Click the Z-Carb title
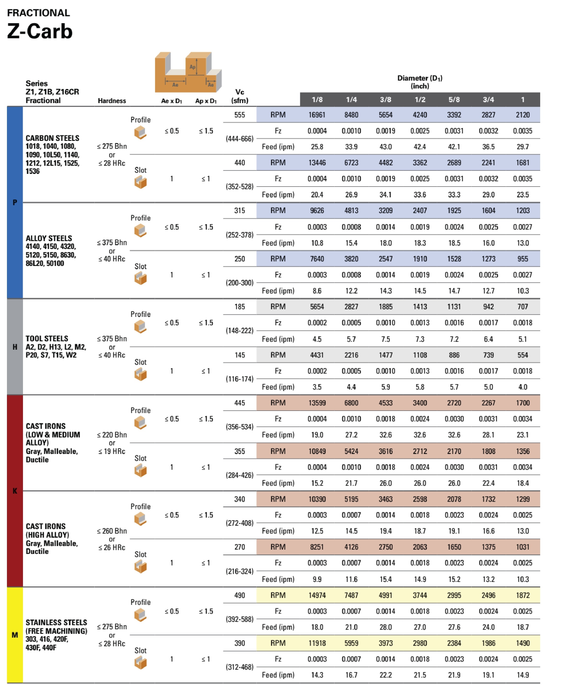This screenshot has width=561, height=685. pos(40,31)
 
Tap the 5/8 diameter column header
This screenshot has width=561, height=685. pos(454,99)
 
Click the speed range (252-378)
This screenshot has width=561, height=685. pos(240,235)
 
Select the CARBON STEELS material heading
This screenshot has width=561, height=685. pos(52,138)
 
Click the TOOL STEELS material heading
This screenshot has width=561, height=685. pos(47,338)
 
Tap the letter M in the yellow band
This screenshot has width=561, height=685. pos(15,635)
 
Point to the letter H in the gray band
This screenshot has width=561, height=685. pos(15,347)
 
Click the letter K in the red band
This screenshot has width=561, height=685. pos(15,491)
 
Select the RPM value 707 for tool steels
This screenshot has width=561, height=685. pos(522,306)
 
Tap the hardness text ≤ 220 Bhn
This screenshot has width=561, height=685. pos(112,435)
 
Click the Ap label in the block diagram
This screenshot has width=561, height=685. pos(192,67)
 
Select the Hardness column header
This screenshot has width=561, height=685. pos(112,101)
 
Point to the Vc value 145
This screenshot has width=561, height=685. pos(240,355)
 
